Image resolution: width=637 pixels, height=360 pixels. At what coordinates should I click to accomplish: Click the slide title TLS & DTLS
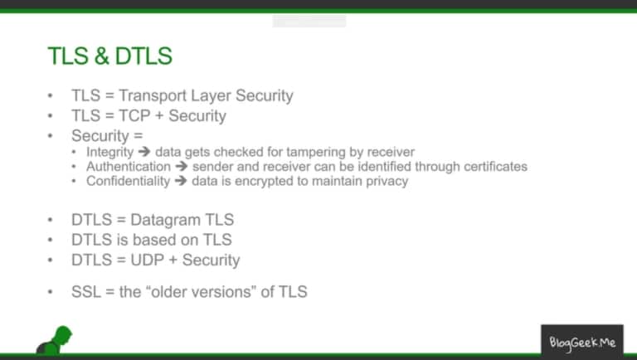(x=109, y=56)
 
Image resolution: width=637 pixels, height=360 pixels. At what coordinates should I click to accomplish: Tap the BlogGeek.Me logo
(x=581, y=342)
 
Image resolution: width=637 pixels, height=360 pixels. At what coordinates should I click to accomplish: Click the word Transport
(x=151, y=95)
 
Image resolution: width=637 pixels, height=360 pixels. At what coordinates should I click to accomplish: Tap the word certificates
(x=493, y=166)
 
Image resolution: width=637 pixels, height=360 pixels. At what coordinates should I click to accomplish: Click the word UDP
(x=143, y=260)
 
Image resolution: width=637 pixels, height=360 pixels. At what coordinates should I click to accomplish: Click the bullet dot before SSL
(x=52, y=293)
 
